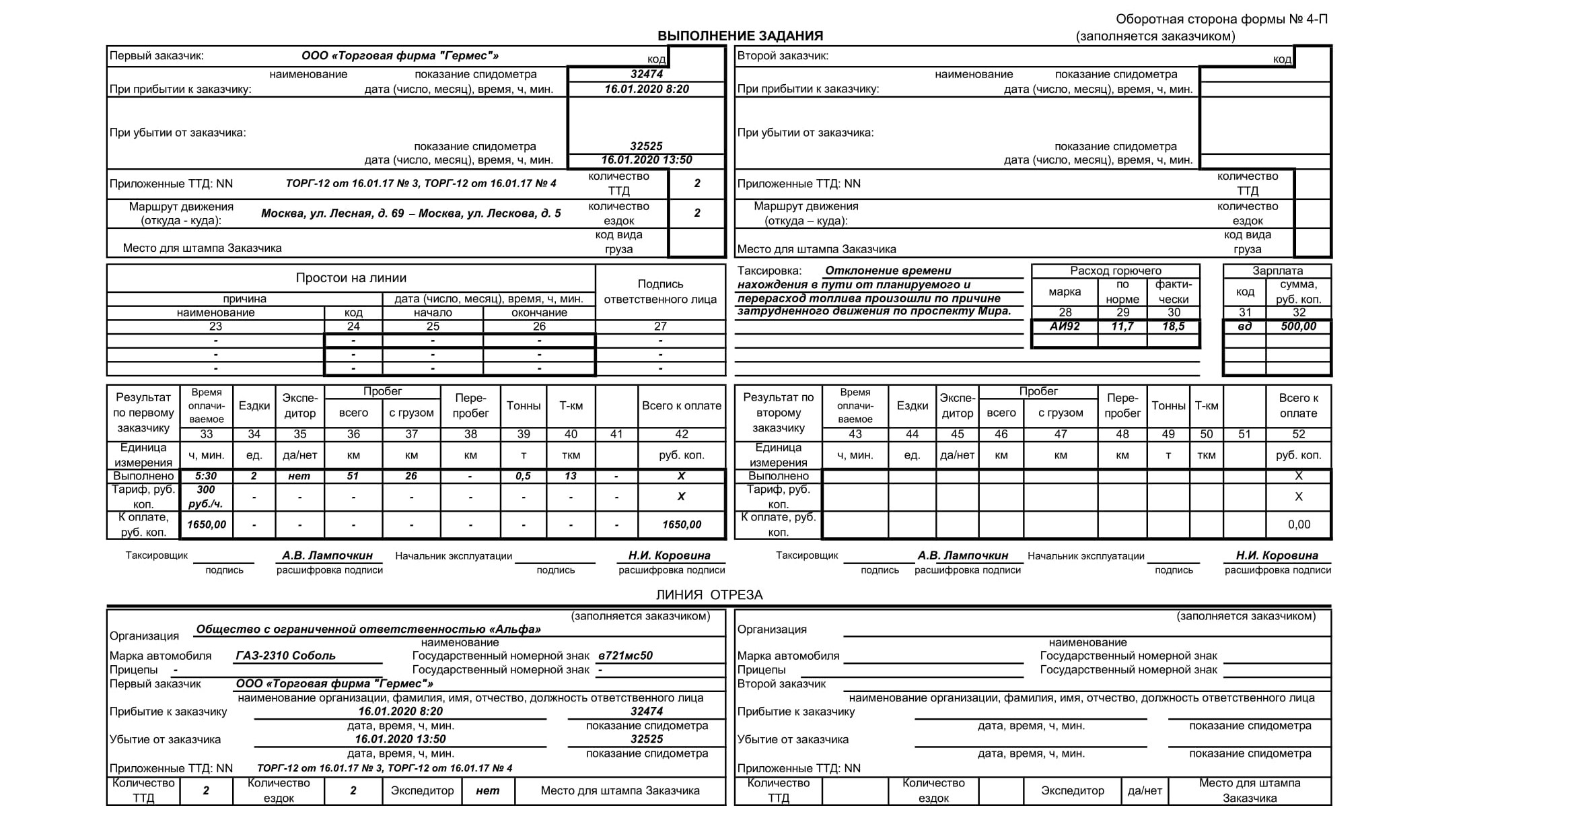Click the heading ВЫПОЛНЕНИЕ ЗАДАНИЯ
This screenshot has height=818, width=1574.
[740, 36]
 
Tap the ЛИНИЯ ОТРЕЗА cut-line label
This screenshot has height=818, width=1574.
[709, 594]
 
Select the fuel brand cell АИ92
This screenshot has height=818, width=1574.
[1065, 327]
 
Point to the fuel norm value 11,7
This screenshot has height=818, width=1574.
[1122, 327]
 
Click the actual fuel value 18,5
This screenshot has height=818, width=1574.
[1173, 327]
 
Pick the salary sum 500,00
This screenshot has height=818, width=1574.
[1298, 327]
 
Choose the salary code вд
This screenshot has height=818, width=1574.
[1245, 327]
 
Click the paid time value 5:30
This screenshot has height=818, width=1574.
[206, 476]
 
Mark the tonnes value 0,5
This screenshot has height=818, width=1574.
[523, 476]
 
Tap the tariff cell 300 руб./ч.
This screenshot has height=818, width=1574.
[206, 497]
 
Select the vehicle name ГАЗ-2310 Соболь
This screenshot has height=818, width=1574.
[285, 656]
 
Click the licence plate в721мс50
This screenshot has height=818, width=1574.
[625, 656]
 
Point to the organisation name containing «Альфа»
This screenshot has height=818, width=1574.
[368, 629]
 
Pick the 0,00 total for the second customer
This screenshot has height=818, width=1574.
[1299, 524]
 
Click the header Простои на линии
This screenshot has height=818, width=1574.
[351, 278]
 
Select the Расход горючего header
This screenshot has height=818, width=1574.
[1116, 271]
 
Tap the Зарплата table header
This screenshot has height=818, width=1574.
[1277, 271]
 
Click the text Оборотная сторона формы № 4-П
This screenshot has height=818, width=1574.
[1221, 20]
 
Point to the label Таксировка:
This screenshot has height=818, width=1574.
[769, 271]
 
